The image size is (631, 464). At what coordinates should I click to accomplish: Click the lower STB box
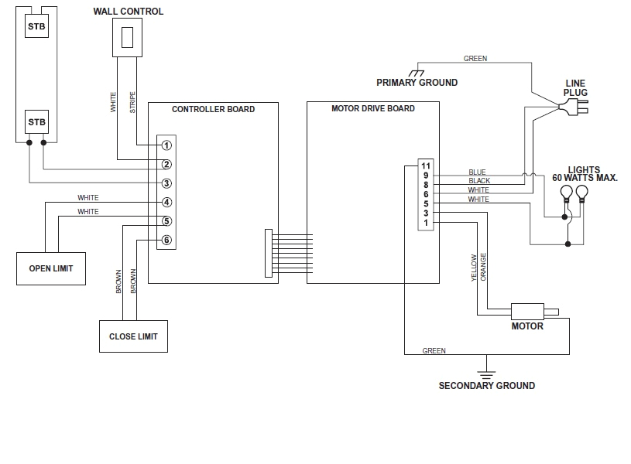(x=36, y=122)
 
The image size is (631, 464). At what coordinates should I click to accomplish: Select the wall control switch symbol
(x=129, y=36)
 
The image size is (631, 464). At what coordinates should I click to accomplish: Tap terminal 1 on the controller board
(x=166, y=145)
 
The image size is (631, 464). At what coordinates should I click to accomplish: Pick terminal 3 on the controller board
(x=166, y=183)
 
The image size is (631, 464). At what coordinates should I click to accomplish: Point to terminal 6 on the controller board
(x=166, y=240)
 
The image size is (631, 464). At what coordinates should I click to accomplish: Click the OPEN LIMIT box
(x=51, y=268)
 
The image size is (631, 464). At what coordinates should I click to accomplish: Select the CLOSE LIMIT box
(x=133, y=336)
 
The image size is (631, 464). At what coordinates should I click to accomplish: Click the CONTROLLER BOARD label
(x=213, y=109)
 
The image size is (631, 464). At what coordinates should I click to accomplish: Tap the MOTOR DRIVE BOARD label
(x=372, y=109)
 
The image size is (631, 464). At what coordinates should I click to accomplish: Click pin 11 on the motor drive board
(x=425, y=166)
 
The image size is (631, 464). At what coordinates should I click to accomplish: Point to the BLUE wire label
(x=478, y=172)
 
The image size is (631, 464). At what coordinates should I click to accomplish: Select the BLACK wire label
(x=479, y=181)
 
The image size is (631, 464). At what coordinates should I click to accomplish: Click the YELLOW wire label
(x=475, y=268)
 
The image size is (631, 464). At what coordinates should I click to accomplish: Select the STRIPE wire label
(x=132, y=103)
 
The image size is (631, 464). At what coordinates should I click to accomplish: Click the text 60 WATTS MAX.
(x=585, y=179)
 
